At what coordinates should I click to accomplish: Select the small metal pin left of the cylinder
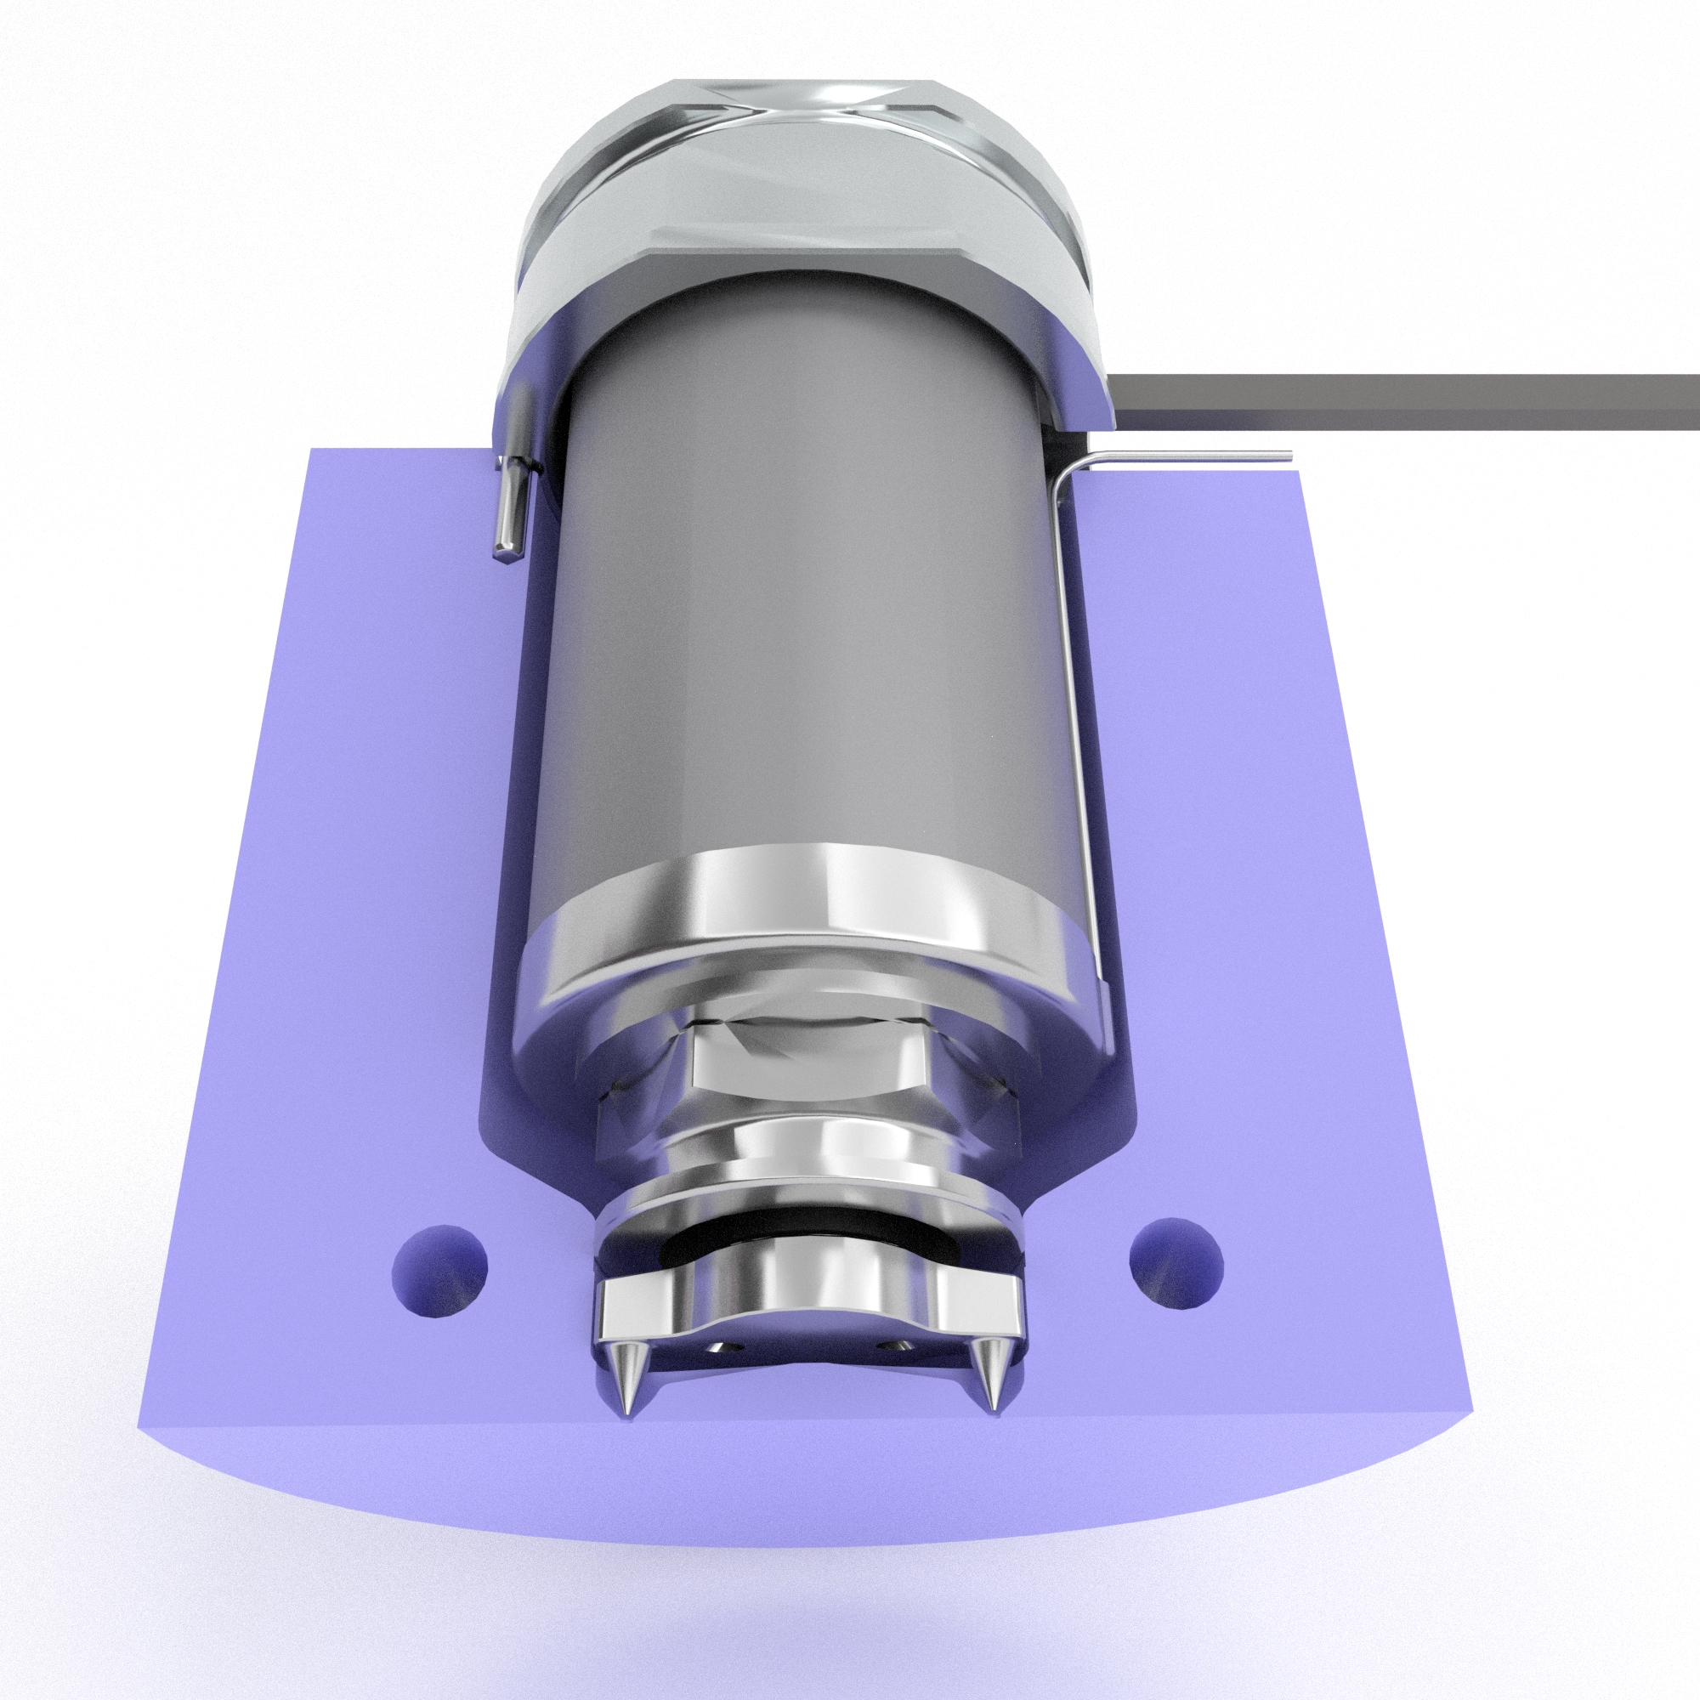[x=509, y=507]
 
